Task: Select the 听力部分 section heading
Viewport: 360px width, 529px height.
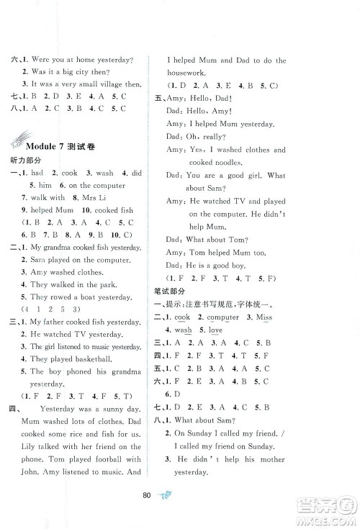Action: [x=22, y=161]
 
